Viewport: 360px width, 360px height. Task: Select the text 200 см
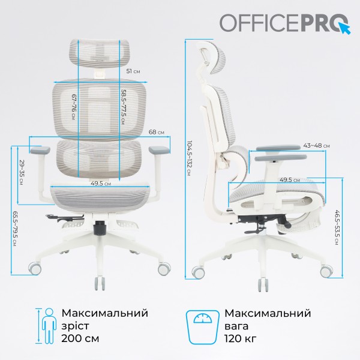(x=80, y=339)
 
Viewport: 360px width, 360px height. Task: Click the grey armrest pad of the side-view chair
(x=277, y=148)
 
